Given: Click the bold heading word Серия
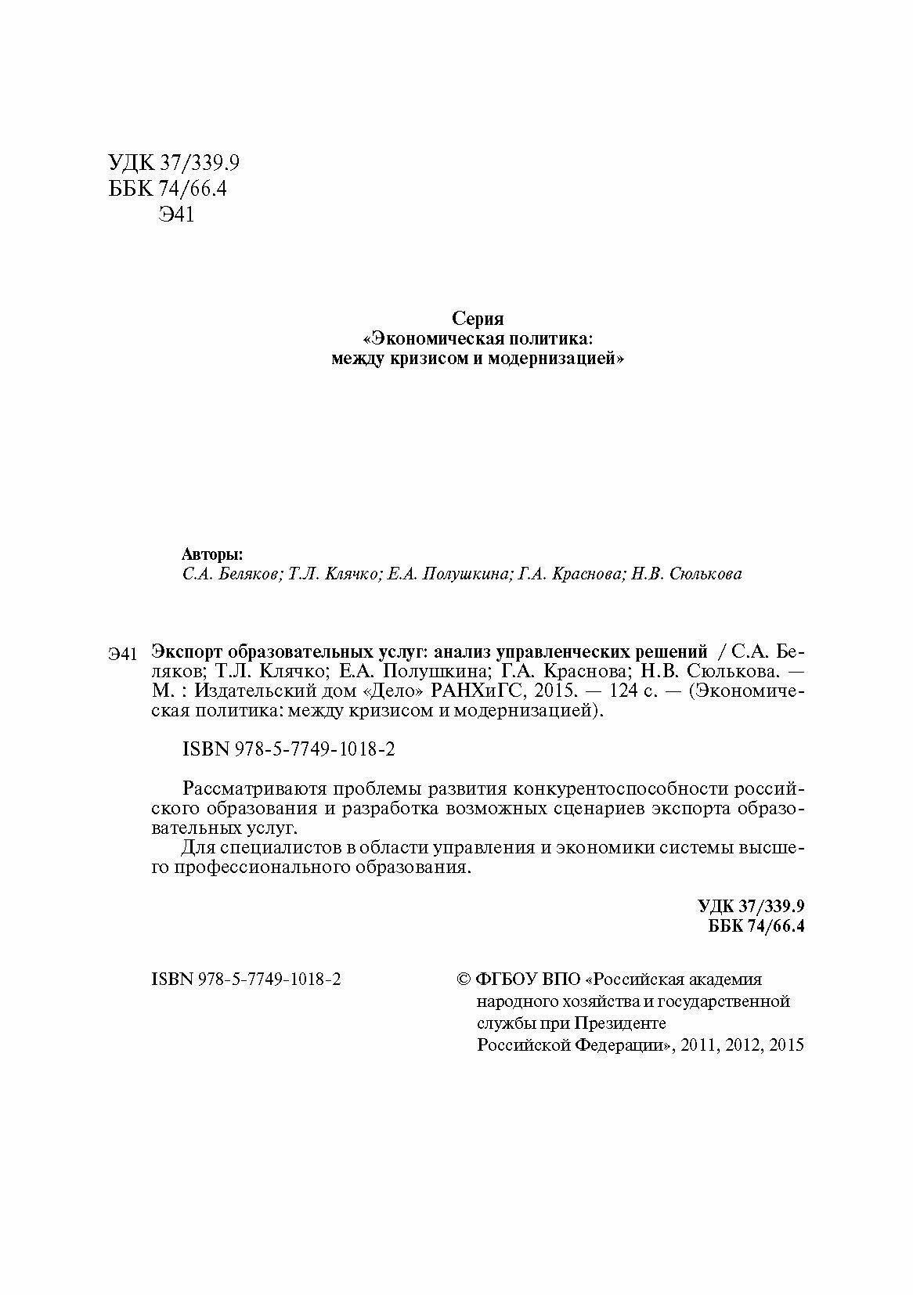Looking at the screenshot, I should click(x=478, y=319).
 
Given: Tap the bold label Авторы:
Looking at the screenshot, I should click(x=212, y=554).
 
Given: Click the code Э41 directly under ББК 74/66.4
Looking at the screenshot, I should click(x=175, y=215).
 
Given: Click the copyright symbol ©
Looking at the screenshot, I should click(x=463, y=979).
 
